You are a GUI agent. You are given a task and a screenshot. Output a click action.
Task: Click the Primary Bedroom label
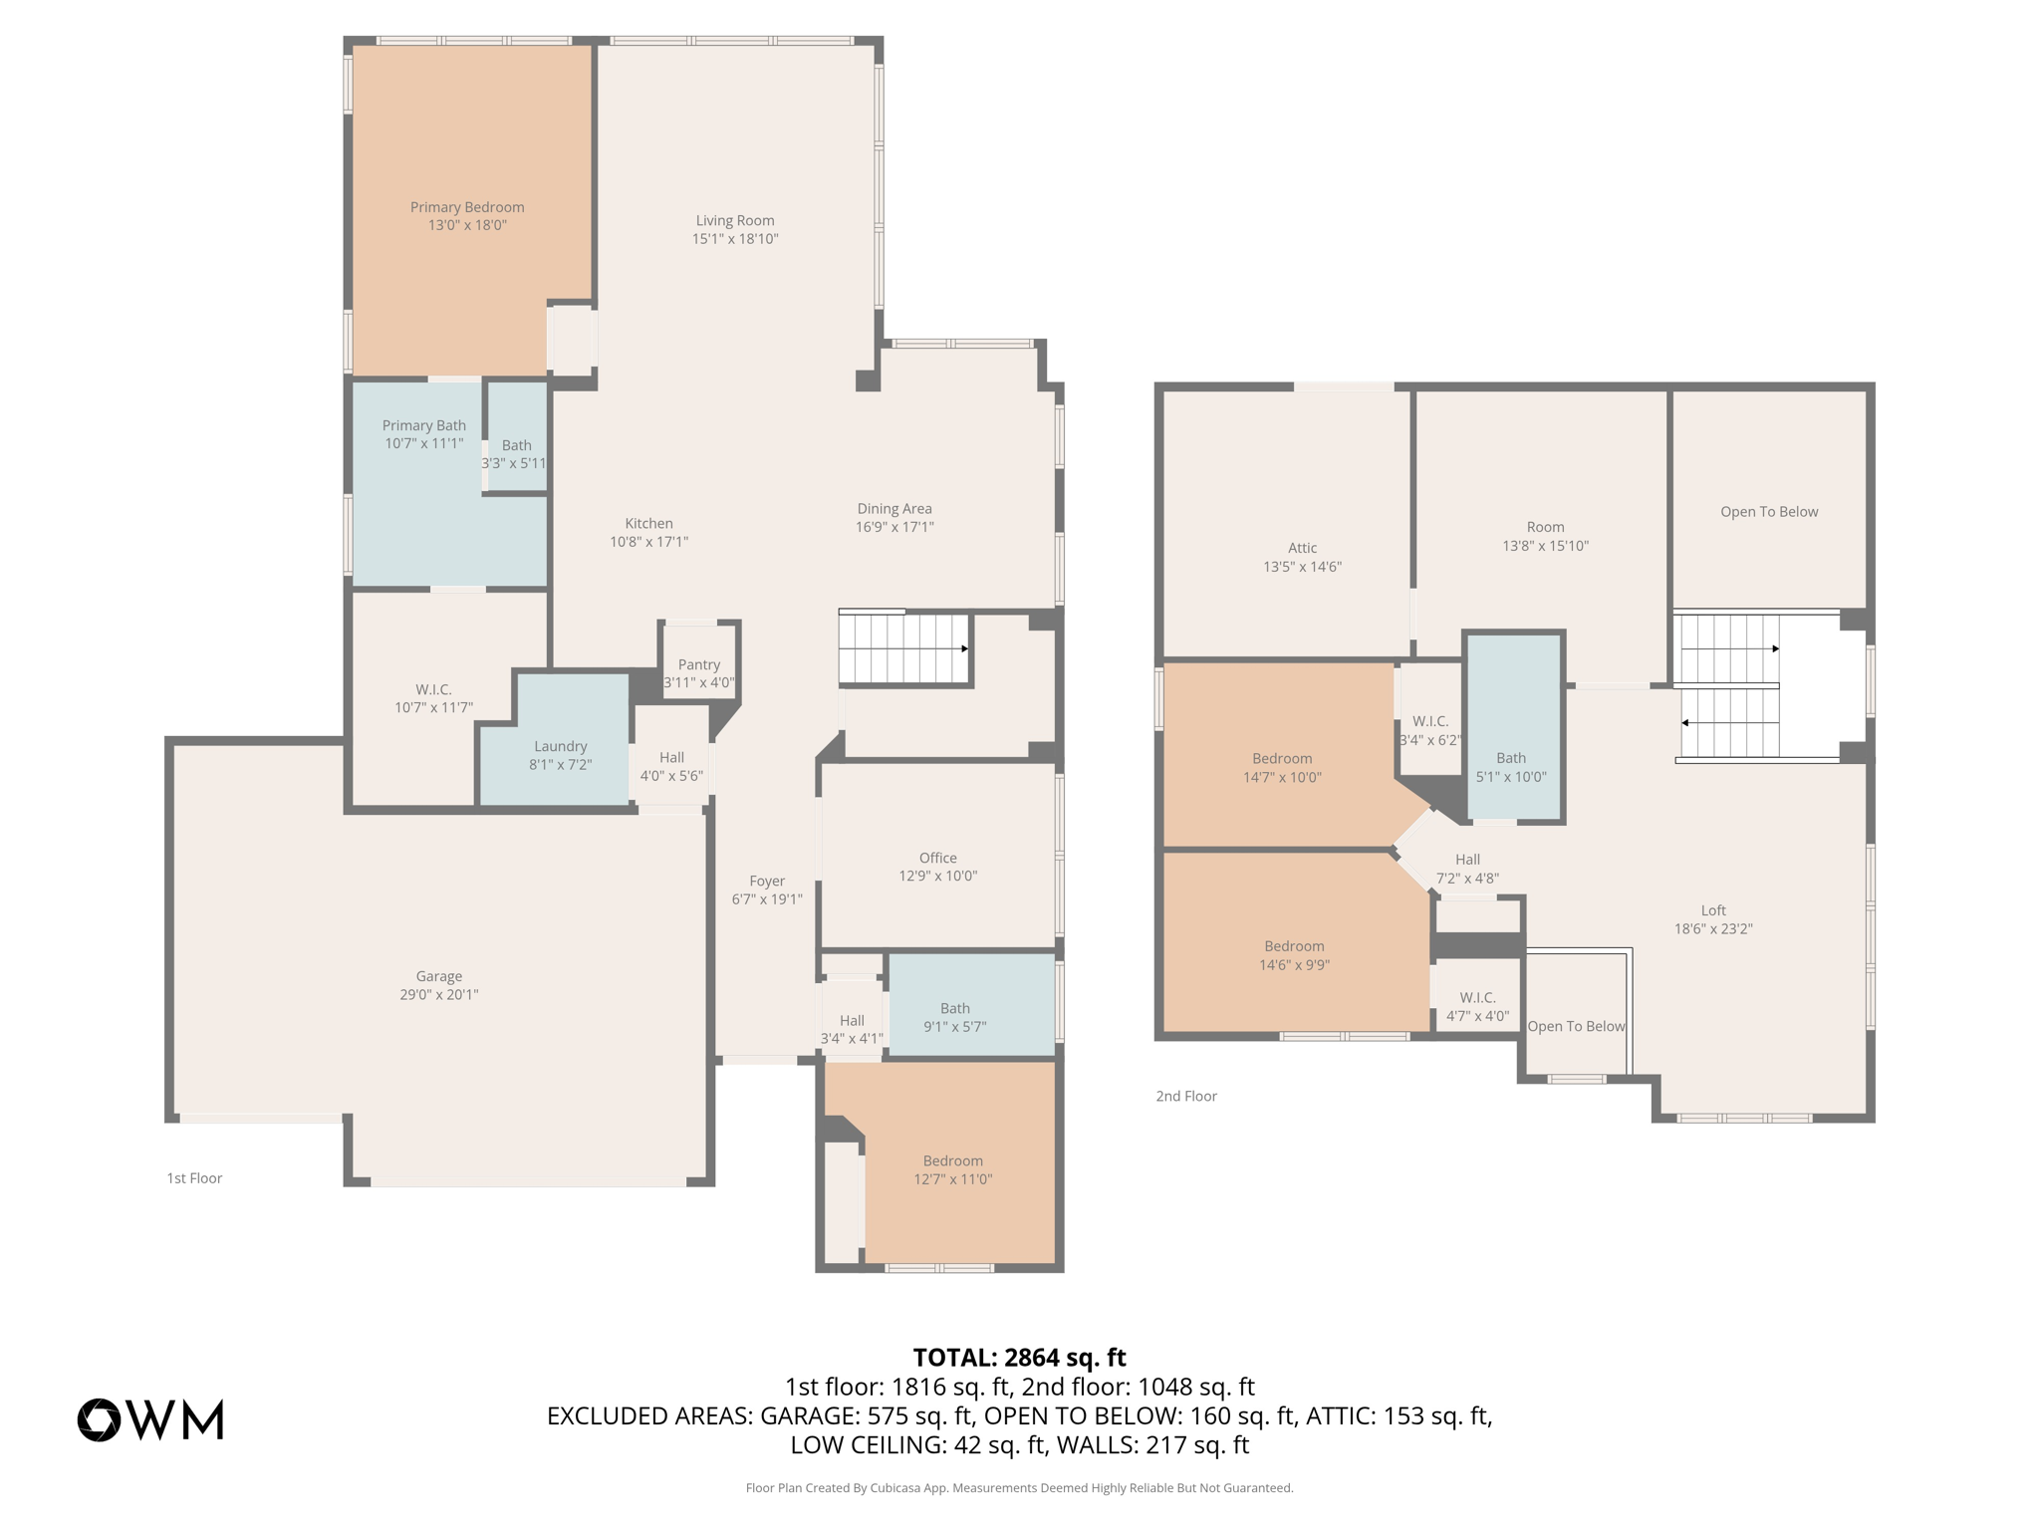(467, 207)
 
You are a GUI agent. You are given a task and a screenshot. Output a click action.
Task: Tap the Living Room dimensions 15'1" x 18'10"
(735, 239)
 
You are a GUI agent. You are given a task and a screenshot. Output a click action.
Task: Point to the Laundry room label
(561, 746)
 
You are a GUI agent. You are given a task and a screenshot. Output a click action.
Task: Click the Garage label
(439, 976)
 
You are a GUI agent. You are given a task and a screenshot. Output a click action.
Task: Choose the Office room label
(938, 858)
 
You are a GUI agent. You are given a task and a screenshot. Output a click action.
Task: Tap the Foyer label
(767, 881)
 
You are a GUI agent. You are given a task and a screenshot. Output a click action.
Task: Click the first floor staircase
(904, 648)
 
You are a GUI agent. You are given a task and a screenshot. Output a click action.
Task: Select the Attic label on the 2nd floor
(1303, 548)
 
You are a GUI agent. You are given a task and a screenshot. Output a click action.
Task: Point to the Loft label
(1713, 909)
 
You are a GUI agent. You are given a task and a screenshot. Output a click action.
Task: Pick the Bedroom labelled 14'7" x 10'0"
(1281, 757)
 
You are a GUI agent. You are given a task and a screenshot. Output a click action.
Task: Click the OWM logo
(150, 1419)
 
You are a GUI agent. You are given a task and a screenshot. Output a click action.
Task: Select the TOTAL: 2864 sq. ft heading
(1020, 1358)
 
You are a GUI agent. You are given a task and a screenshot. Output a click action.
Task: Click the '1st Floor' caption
(194, 1178)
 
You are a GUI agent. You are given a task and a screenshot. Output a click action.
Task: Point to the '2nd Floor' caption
(1186, 1096)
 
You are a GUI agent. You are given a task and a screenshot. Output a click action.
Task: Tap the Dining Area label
(894, 508)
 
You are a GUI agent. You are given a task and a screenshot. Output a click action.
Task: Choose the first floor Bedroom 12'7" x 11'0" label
(953, 1160)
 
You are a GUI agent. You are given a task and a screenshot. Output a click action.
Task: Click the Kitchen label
(649, 523)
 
